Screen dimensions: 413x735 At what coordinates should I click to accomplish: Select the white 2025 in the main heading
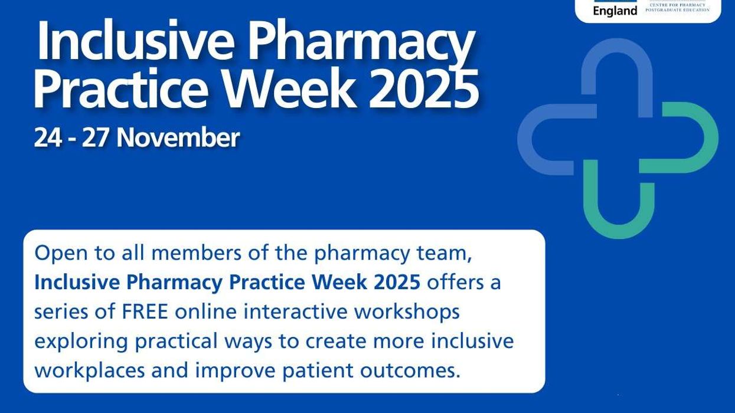pos(424,90)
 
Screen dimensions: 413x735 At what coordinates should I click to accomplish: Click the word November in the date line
pos(178,137)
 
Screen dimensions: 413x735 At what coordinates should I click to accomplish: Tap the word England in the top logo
pos(615,11)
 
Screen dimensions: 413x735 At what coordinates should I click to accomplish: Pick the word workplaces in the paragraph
pos(89,371)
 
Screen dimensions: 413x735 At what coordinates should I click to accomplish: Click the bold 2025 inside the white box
pos(397,282)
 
